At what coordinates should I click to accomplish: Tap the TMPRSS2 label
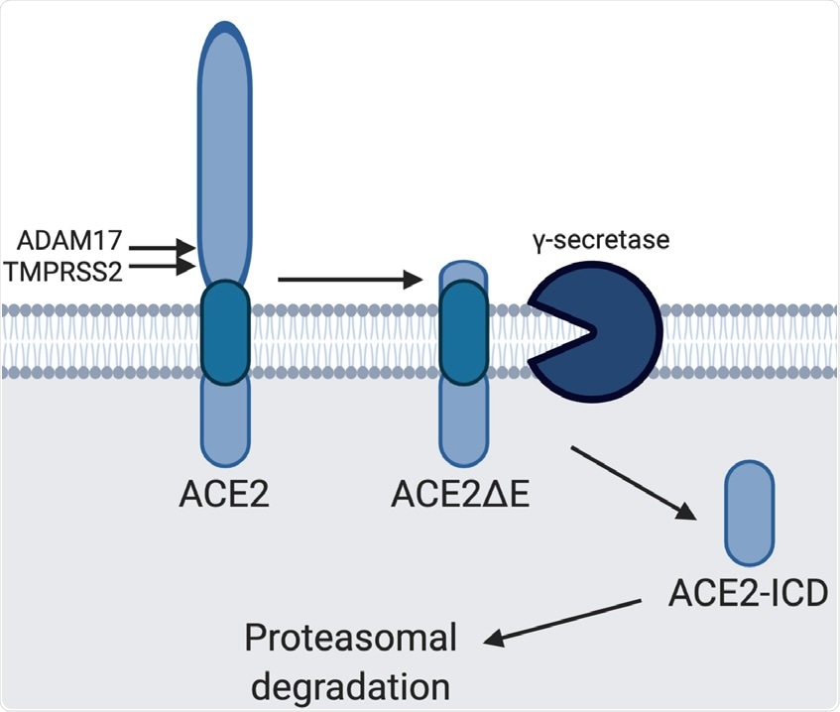coord(68,270)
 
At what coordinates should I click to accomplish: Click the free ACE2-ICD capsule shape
coord(751,513)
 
